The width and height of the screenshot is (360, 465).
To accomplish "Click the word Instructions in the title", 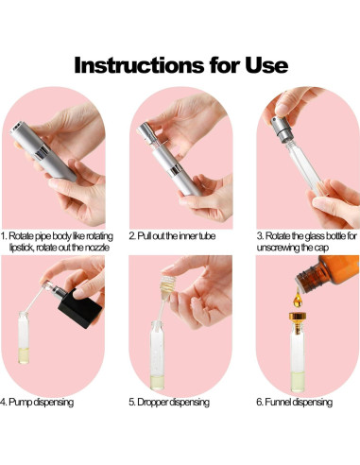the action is pos(139,65).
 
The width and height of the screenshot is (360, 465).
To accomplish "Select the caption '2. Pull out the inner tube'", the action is pos(172,236).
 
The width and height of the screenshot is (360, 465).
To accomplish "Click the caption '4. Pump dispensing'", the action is pos(37,402).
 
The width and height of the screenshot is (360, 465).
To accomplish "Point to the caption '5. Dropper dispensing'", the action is pos(169,402).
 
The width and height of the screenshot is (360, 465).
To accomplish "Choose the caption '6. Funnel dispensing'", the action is pos(295,402).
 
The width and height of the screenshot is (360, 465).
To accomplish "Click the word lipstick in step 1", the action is pos(22,248).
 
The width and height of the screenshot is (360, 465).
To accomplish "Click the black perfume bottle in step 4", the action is pos(80,308).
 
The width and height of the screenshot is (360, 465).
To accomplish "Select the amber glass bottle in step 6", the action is pos(328,272).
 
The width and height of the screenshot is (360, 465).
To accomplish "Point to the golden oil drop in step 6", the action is pos(298,299).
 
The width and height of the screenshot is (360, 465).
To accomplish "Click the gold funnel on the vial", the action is pos(298,319).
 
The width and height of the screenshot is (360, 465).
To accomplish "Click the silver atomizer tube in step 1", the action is pos(43,151).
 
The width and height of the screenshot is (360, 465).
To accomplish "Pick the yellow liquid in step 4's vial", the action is pos(24,355).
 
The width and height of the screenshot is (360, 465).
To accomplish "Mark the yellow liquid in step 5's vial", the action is pos(157,382).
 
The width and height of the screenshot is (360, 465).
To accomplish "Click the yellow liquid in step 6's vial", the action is pos(298,381).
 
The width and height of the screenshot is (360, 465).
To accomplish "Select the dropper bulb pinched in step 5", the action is pos(167,286).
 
